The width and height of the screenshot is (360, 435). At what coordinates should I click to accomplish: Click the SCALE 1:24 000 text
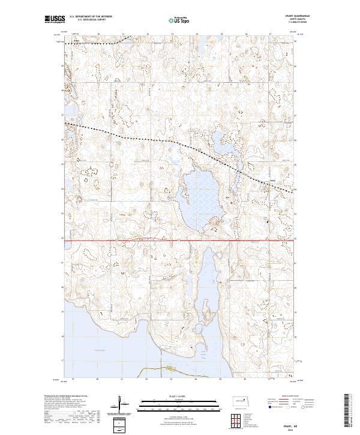180,396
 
